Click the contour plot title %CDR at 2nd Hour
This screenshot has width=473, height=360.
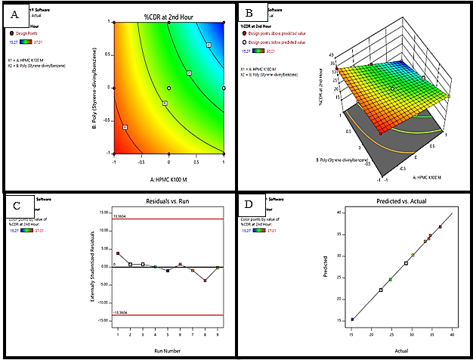click(x=168, y=16)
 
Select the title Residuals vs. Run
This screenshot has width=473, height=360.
click(x=167, y=203)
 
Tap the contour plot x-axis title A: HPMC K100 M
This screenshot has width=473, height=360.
click(x=168, y=178)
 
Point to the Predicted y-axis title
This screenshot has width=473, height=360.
click(x=327, y=266)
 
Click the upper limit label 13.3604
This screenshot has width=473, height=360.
click(x=119, y=217)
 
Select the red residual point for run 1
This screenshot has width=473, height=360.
click(x=118, y=253)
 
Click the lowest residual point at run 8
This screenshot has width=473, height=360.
click(x=205, y=281)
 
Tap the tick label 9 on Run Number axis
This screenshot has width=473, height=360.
click(x=218, y=333)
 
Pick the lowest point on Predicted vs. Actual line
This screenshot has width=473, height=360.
click(x=352, y=319)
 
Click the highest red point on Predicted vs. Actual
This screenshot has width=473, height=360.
click(x=441, y=227)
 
